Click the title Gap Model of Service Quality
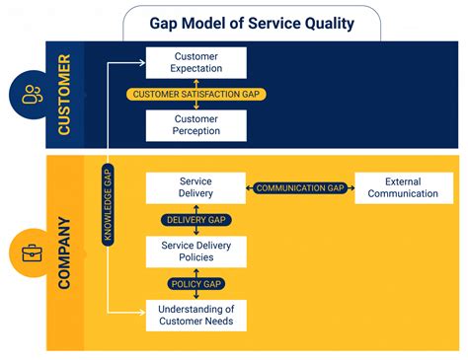[251, 23]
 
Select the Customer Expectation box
[195, 63]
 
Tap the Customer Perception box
[195, 124]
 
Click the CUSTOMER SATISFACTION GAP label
[195, 95]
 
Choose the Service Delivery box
[195, 187]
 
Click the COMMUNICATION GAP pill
[299, 187]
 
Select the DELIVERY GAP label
[195, 220]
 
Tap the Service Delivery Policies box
[195, 251]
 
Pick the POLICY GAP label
[195, 283]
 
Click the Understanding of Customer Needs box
[195, 315]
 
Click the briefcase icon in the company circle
[32, 253]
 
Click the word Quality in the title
[328, 23]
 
